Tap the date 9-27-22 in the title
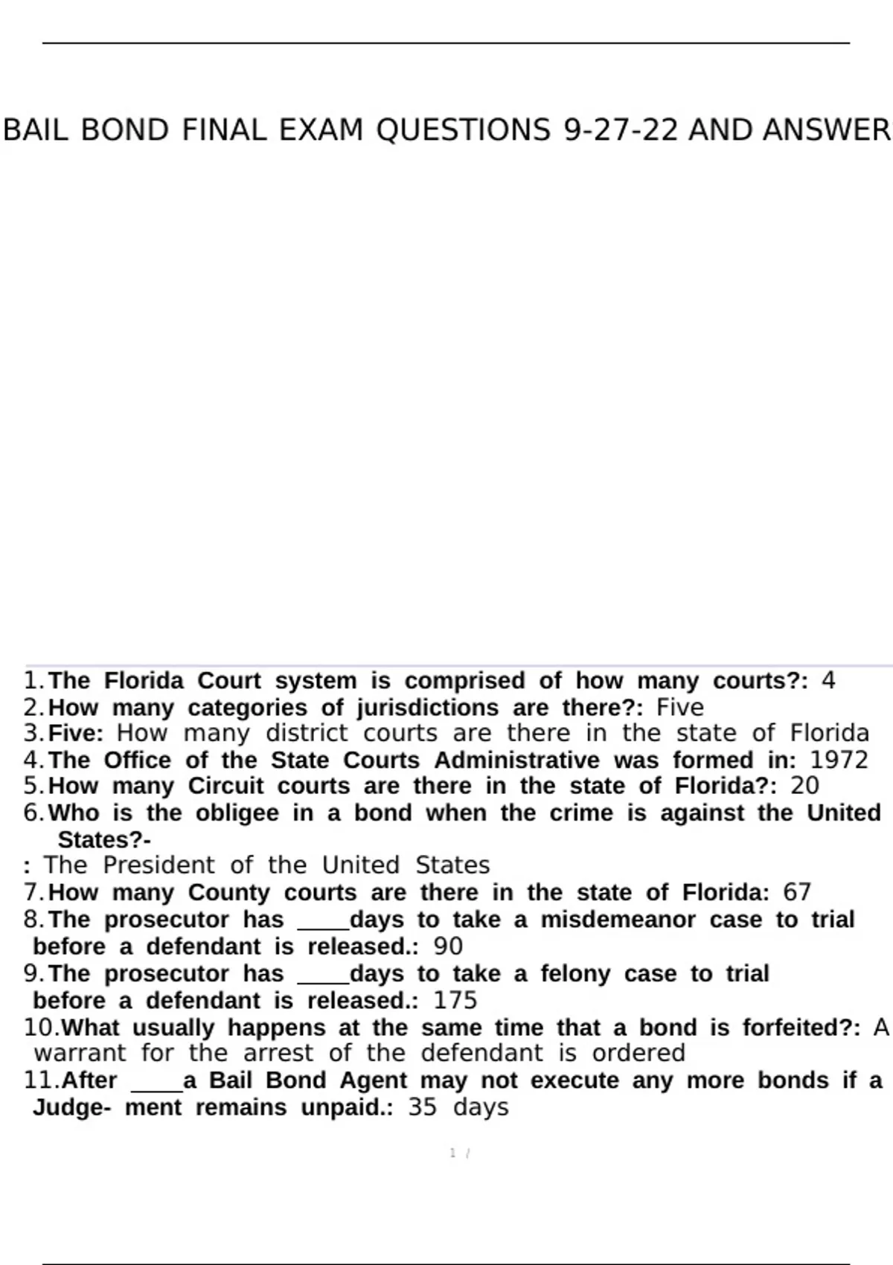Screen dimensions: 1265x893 pyautogui.click(x=621, y=130)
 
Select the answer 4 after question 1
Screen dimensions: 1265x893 pyautogui.click(x=828, y=681)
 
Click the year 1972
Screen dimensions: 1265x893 pyautogui.click(x=839, y=760)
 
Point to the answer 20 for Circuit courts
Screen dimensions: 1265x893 pyautogui.click(x=805, y=786)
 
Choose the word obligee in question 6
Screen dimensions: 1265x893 pyautogui.click(x=237, y=813)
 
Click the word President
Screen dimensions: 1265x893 pyautogui.click(x=159, y=865)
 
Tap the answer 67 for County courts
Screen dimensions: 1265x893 pyautogui.click(x=797, y=892)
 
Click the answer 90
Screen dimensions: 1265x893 pyautogui.click(x=448, y=947)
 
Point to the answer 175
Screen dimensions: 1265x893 pyautogui.click(x=455, y=1000)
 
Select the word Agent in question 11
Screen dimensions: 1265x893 pyautogui.click(x=374, y=1080)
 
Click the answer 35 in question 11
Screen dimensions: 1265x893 pyautogui.click(x=422, y=1107)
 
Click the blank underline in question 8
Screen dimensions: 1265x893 pyautogui.click(x=323, y=926)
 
